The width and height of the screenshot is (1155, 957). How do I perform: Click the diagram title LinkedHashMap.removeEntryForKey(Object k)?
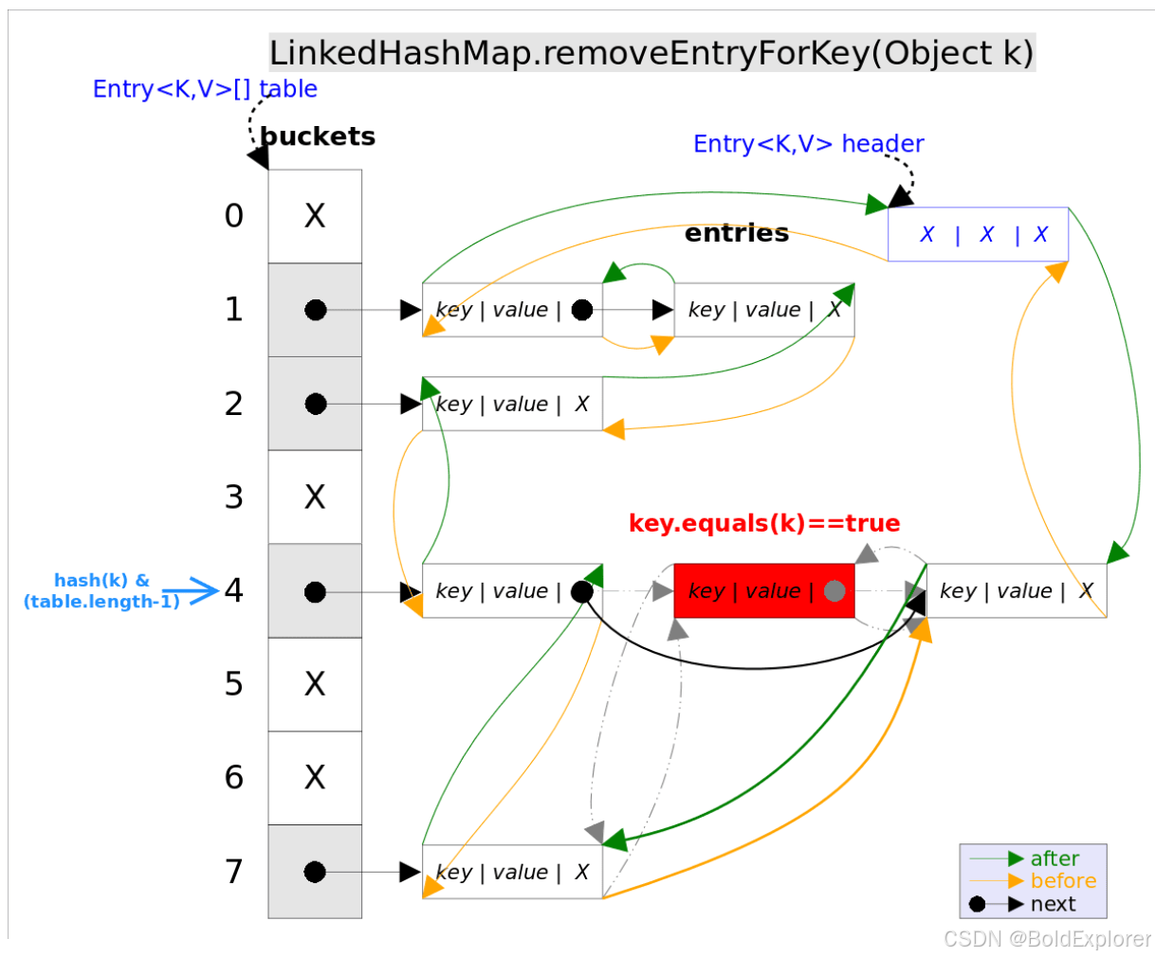[651, 53]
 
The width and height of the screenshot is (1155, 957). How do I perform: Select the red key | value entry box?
[763, 591]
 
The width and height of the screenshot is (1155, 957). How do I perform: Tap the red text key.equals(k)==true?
[763, 524]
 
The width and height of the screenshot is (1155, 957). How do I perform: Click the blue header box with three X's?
[978, 234]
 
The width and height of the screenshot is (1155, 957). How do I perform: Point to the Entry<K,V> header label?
[808, 144]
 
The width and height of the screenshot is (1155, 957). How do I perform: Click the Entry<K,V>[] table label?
[205, 89]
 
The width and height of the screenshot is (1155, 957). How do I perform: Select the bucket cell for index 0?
[315, 216]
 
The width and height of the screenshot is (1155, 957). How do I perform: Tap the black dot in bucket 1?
[316, 310]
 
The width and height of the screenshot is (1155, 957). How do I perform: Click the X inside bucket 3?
[315, 497]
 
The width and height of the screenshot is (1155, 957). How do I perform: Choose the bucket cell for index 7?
[315, 872]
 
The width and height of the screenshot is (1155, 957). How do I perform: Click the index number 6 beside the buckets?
[234, 778]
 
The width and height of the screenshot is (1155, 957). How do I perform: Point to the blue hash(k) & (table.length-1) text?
[101, 591]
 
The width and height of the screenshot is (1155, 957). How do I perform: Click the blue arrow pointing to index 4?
[192, 591]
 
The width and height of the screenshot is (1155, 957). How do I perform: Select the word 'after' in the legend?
[1054, 858]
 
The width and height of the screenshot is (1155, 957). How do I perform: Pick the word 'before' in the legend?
[1063, 881]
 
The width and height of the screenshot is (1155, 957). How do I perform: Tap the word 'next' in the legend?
[1053, 904]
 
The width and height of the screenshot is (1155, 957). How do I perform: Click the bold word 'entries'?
[736, 233]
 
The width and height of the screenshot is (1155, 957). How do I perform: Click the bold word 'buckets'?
[318, 136]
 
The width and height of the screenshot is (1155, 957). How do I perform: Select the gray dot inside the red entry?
[834, 591]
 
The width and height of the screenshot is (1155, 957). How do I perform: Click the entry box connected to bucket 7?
[512, 872]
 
